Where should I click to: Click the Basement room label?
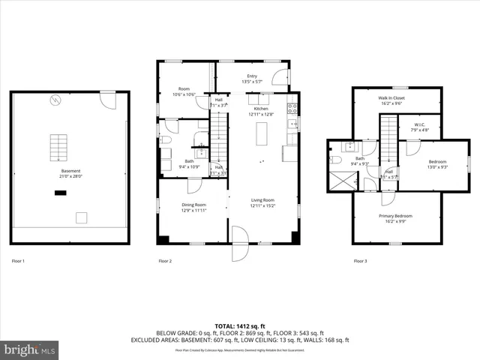(70, 171)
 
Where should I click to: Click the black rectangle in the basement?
(59, 192)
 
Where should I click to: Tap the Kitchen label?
(260, 109)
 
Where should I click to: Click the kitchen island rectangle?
(261, 135)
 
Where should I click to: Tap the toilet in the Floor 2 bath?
(166, 139)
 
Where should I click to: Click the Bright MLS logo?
(30, 349)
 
